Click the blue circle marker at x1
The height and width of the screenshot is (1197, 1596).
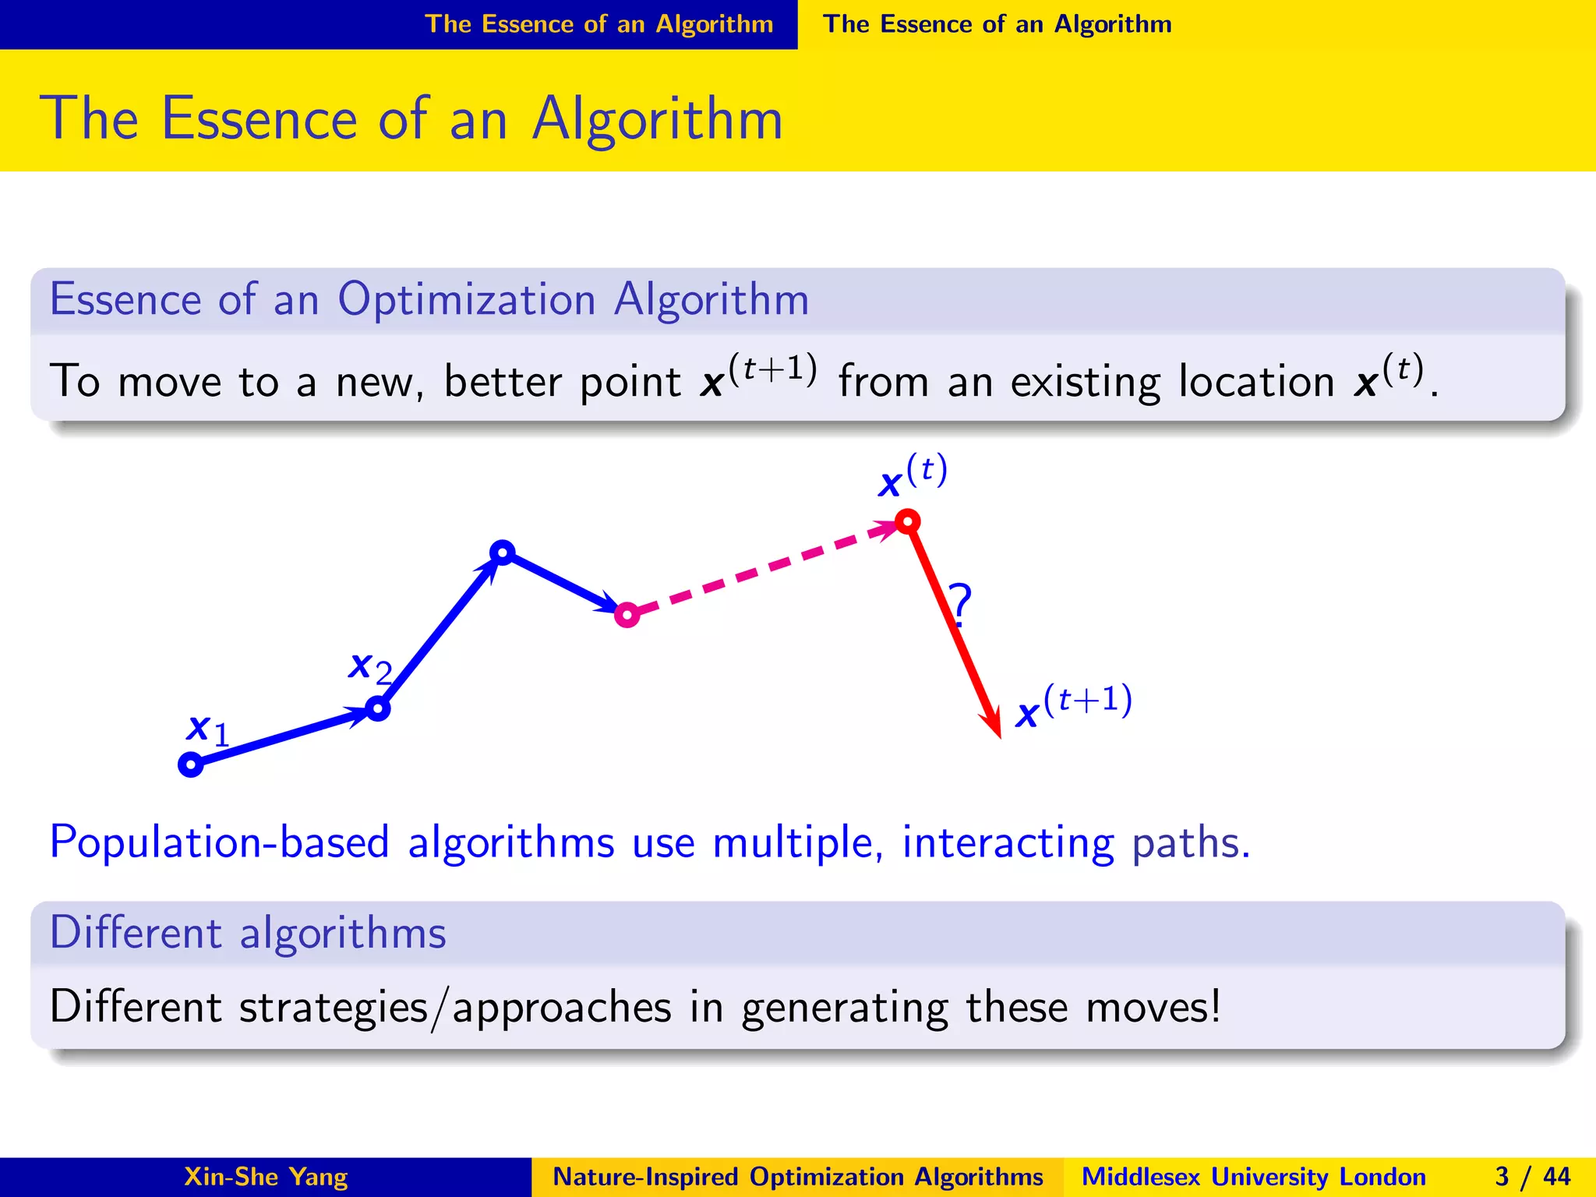pos(191,764)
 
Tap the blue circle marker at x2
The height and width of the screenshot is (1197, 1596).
pos(378,708)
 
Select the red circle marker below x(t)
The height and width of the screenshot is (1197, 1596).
pos(908,521)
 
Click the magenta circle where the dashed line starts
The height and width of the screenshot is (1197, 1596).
pos(627,615)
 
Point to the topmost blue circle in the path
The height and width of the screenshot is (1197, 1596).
pos(503,553)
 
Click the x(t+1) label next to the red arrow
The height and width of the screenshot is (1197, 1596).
pos(1073,705)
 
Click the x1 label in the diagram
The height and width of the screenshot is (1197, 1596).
pos(207,730)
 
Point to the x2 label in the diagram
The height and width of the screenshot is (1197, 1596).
pos(369,668)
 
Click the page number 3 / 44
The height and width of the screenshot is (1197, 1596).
pos(1532,1177)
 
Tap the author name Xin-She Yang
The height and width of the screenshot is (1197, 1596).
pos(266,1177)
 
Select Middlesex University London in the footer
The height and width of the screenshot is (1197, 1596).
pos(1253,1177)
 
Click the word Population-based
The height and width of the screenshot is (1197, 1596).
pos(219,843)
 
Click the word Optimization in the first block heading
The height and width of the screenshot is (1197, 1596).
pos(466,300)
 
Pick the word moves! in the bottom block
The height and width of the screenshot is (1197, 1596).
pos(1153,1007)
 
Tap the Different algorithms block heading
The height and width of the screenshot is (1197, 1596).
pos(248,933)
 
